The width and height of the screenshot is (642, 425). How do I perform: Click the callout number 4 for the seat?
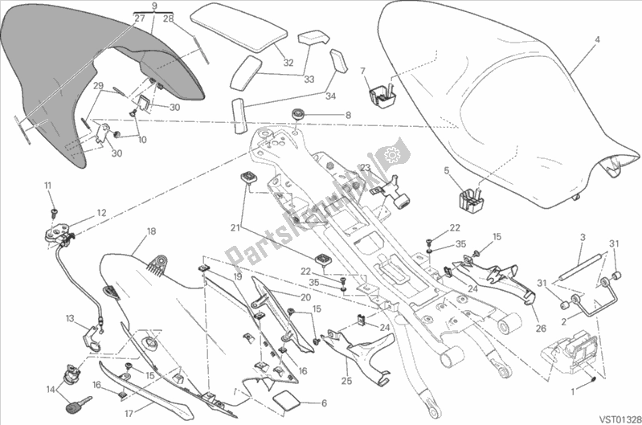pos(597,39)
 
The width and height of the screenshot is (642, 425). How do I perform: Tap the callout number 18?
pos(150,231)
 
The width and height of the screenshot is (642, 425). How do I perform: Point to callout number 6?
pos(324,403)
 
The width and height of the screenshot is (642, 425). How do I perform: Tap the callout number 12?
pos(102,213)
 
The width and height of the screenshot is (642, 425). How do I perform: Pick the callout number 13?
pos(70,317)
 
